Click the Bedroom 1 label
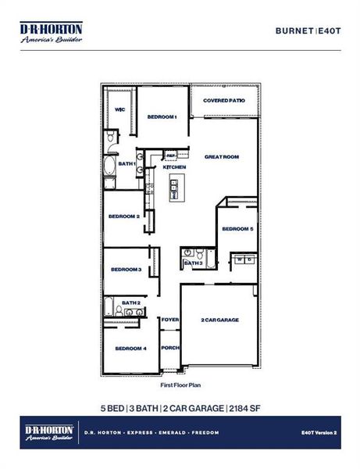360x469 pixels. click(162, 116)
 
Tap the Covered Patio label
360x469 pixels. click(224, 101)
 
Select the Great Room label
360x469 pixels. click(222, 156)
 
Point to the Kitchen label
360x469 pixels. click(174, 167)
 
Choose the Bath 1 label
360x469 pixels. click(127, 163)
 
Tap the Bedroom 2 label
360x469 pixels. click(123, 216)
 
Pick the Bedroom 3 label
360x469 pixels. click(126, 269)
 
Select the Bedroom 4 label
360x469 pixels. click(130, 348)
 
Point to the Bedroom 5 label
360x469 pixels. click(237, 228)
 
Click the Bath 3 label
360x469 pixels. click(194, 263)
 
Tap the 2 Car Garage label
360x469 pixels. click(219, 320)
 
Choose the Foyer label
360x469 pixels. click(170, 320)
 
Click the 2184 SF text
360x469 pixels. click(245, 408)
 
